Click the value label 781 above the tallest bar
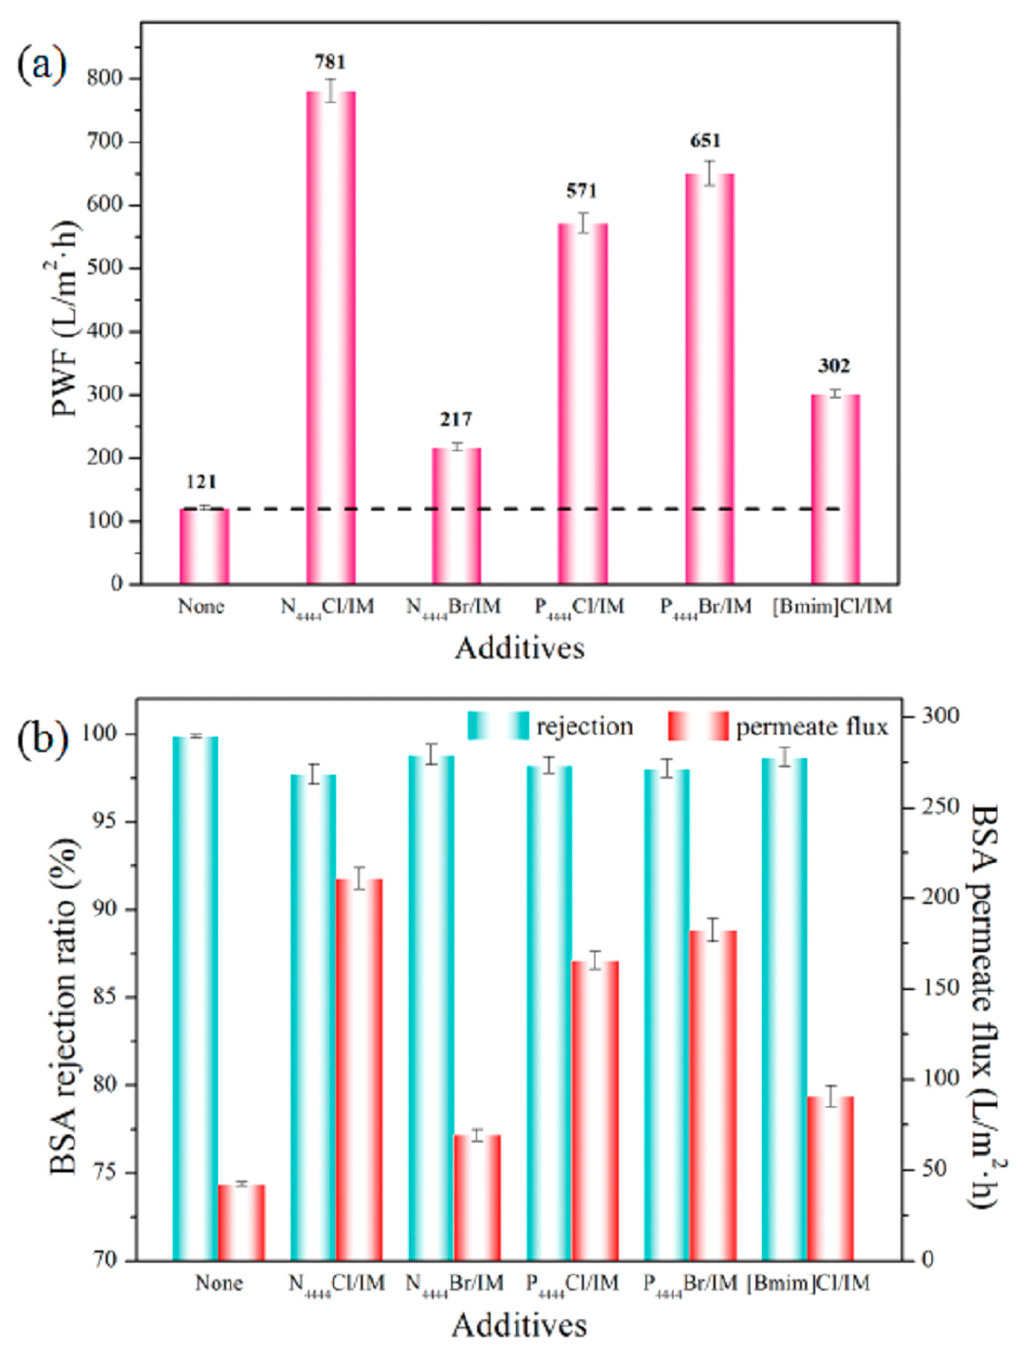click(330, 62)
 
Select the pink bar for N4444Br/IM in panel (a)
click(456, 516)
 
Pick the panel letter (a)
click(42, 66)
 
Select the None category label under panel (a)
click(201, 607)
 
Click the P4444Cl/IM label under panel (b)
click(572, 1283)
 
